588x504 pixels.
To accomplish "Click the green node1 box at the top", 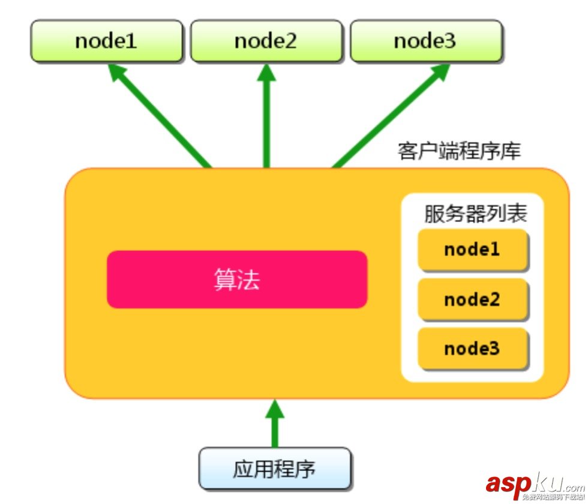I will click(x=106, y=41).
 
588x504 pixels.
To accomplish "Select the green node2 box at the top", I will click(x=266, y=41).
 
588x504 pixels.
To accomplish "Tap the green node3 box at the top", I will click(x=425, y=41).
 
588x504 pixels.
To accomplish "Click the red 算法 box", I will click(x=237, y=280).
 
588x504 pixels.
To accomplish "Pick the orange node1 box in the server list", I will click(x=472, y=249).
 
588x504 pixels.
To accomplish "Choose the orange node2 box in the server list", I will click(x=472, y=299).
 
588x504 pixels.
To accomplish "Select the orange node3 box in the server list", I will click(x=472, y=348).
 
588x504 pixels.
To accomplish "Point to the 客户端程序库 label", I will click(x=459, y=151).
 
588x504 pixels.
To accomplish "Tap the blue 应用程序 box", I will click(x=274, y=469).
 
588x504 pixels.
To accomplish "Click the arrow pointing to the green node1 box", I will click(x=162, y=117).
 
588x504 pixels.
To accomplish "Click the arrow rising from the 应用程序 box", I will click(x=275, y=429).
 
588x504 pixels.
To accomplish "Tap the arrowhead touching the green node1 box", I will click(x=118, y=73).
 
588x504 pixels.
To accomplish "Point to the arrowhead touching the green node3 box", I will click(x=439, y=73).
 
